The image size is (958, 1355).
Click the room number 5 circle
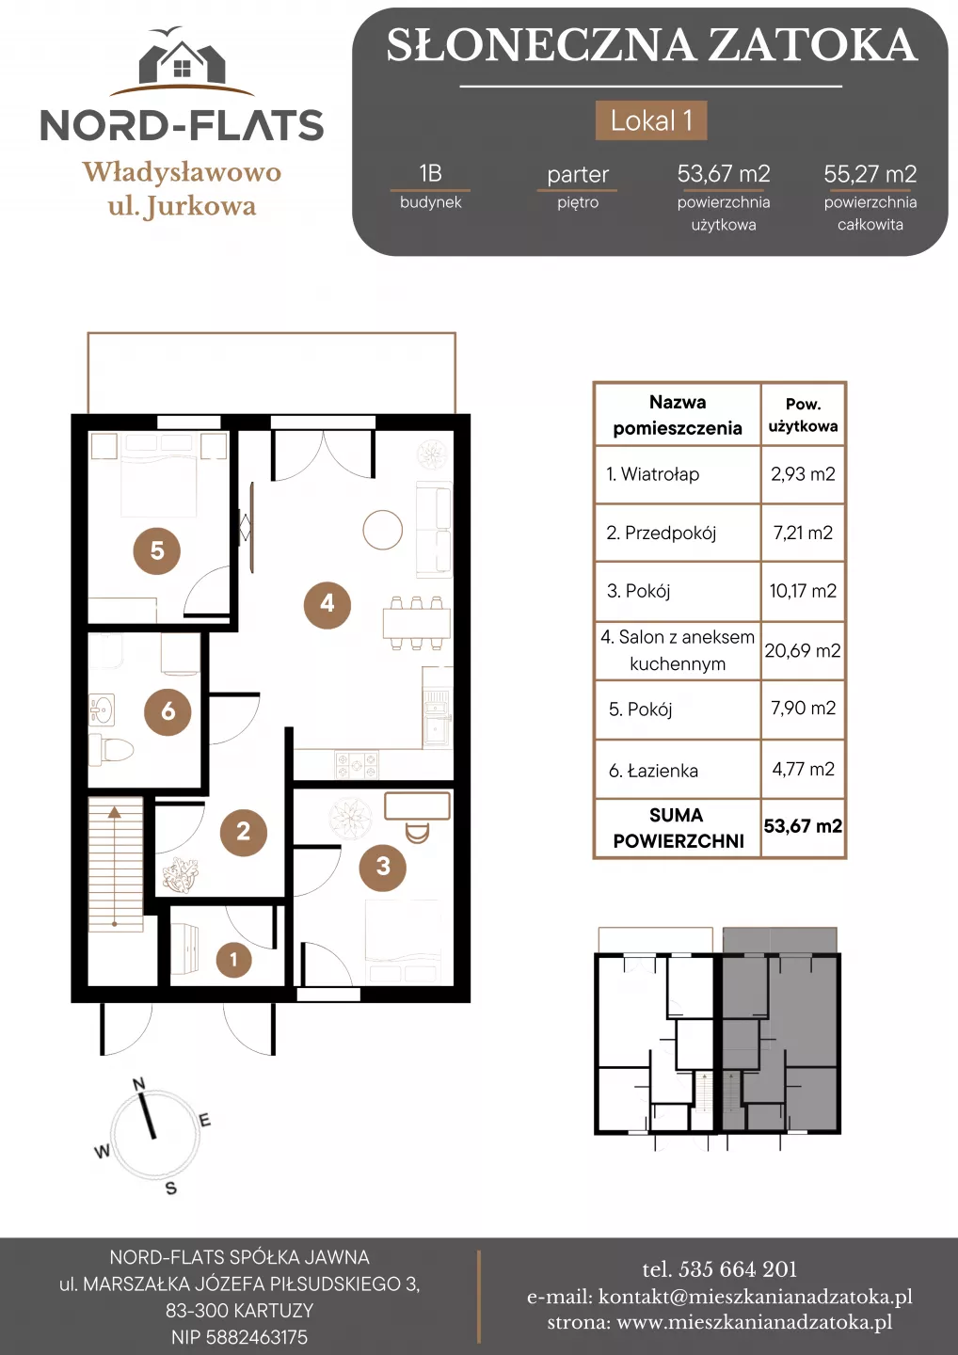tap(156, 550)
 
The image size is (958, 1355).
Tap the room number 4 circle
tap(327, 603)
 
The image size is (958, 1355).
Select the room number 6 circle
tap(168, 712)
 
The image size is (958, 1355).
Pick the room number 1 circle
tap(233, 959)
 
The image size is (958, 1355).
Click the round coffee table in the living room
tap(383, 529)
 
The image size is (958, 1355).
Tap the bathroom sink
tap(102, 709)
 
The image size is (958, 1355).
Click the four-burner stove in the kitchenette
tap(357, 763)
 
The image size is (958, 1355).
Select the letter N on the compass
tap(138, 1083)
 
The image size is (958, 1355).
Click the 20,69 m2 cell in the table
tap(803, 650)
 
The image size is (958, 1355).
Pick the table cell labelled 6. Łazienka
tap(653, 770)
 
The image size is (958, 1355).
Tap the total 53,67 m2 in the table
tap(803, 826)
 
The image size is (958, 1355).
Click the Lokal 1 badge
tap(651, 120)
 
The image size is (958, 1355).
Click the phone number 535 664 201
tap(738, 1269)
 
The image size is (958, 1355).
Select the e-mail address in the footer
tap(756, 1297)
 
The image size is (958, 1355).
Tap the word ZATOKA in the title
tap(813, 45)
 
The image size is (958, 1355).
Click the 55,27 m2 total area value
tap(870, 174)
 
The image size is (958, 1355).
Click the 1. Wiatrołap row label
tap(652, 473)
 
